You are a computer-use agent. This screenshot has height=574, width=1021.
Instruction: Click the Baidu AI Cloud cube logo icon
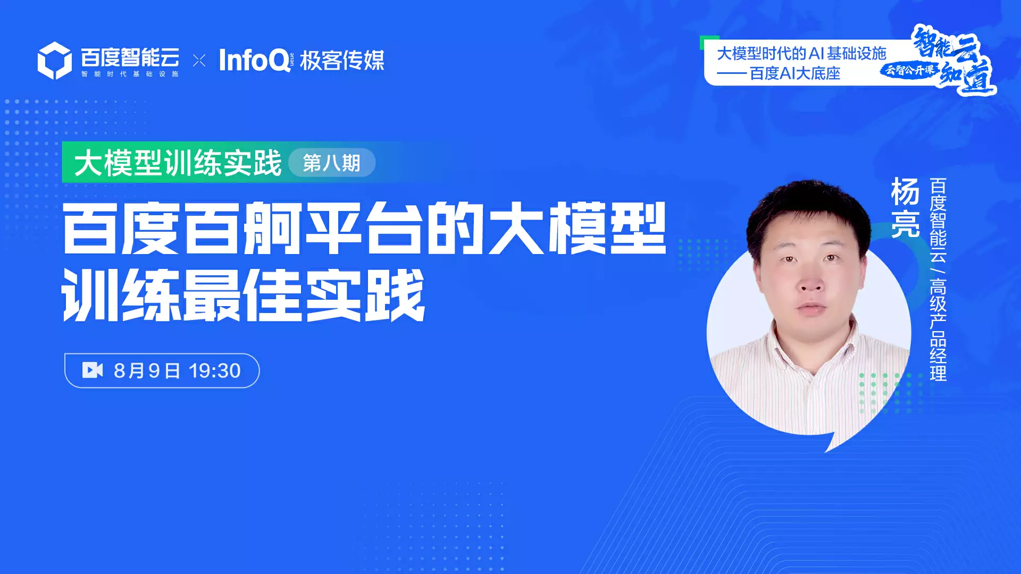(x=54, y=61)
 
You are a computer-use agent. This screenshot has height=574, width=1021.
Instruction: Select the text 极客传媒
(x=342, y=61)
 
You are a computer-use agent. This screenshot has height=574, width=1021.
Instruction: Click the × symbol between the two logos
(x=199, y=61)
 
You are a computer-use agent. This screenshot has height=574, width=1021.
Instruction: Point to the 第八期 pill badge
(x=332, y=163)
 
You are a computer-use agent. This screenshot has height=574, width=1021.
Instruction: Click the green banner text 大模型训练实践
(x=178, y=163)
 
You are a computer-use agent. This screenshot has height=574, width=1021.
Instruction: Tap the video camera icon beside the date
(x=93, y=370)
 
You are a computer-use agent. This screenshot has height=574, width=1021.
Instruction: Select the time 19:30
(x=214, y=370)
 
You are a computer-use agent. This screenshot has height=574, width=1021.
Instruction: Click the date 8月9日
(x=147, y=370)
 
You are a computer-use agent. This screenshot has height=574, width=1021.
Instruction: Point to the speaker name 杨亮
(x=905, y=207)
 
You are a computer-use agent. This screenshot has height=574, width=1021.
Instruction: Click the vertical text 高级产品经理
(x=938, y=330)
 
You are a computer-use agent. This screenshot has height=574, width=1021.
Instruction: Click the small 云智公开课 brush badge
(x=909, y=70)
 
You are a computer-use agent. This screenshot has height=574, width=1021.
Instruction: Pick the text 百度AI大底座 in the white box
(x=795, y=73)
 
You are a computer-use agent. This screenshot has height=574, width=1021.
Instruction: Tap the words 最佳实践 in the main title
(x=304, y=294)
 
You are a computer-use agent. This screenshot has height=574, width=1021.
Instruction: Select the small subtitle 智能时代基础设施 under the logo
(x=130, y=74)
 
